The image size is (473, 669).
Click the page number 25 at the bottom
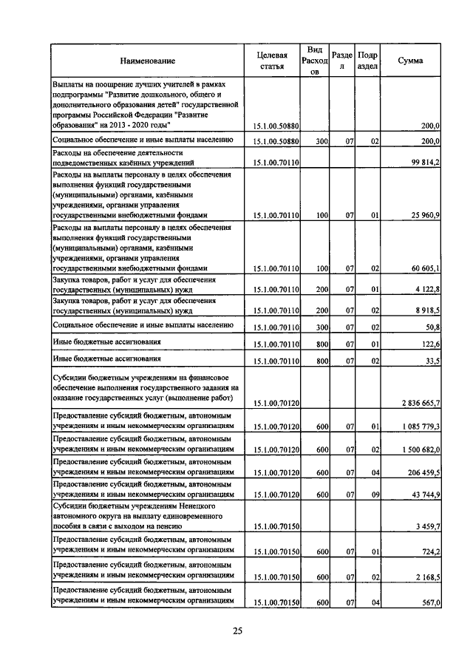pyautogui.click(x=237, y=631)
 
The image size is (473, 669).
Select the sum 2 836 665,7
pyautogui.click(x=417, y=403)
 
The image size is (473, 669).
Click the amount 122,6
pyautogui.click(x=429, y=344)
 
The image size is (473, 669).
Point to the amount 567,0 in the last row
pyautogui.click(x=429, y=603)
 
